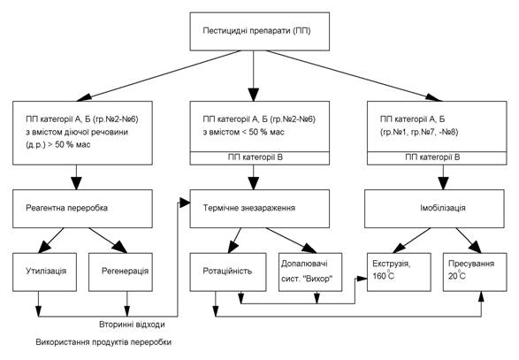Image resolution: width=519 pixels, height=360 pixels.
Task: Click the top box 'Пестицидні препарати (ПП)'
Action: [x=260, y=32]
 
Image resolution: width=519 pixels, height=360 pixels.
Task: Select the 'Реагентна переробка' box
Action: [x=82, y=209]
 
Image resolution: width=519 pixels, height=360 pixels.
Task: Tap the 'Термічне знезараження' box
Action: [x=260, y=209]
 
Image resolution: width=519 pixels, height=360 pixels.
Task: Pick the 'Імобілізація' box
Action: [x=434, y=209]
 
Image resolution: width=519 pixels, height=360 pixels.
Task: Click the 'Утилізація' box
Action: [x=45, y=272]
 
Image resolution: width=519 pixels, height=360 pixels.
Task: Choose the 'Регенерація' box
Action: [x=120, y=272]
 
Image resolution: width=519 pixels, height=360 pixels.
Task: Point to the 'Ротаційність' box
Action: [x=228, y=272]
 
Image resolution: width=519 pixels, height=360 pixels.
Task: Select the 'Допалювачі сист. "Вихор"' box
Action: [x=310, y=272]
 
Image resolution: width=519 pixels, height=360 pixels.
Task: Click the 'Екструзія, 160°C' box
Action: [x=399, y=272]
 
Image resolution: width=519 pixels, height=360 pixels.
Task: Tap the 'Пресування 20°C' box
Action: [x=475, y=272]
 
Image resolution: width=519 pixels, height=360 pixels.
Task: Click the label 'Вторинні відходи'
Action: [x=132, y=325]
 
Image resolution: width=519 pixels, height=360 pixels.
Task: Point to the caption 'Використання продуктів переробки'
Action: [x=103, y=342]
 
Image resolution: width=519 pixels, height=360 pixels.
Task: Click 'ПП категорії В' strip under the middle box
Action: [x=260, y=158]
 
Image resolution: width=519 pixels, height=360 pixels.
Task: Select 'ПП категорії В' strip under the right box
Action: [x=437, y=158]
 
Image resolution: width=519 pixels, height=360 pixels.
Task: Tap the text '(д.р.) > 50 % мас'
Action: [x=58, y=145]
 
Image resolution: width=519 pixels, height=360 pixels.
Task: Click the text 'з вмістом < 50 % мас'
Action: [x=243, y=132]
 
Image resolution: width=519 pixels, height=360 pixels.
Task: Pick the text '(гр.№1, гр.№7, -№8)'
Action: [x=420, y=132]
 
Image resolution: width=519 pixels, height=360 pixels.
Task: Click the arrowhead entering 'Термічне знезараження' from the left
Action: [x=185, y=202]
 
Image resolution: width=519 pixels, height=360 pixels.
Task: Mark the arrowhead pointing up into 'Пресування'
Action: [x=481, y=296]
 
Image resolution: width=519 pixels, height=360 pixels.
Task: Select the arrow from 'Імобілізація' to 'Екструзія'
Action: [x=411, y=241]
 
